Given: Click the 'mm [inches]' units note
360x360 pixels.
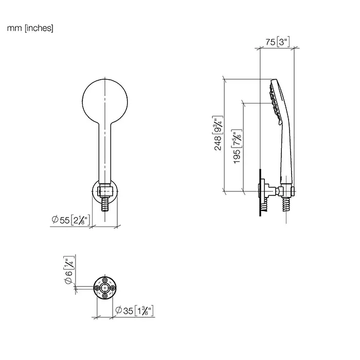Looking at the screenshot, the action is (x=30, y=28).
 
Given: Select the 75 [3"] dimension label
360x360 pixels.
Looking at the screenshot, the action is (x=278, y=42).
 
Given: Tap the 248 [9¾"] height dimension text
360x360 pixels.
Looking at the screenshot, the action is (x=218, y=133).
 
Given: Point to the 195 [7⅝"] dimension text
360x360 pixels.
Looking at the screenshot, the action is (x=237, y=147).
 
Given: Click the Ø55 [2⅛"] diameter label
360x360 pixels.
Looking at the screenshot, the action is (x=71, y=220).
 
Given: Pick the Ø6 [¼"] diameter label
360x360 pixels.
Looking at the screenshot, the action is (x=69, y=270).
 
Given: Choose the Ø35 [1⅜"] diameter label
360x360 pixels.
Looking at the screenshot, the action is (x=134, y=311).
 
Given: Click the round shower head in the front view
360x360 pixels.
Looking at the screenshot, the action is (x=105, y=101).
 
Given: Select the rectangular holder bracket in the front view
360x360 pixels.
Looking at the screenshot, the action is (x=105, y=191).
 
